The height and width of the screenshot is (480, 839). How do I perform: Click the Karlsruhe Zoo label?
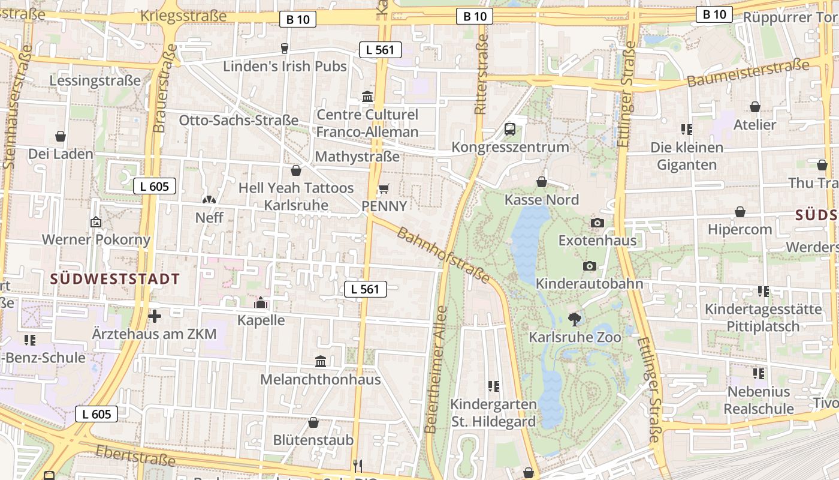coord(575,337)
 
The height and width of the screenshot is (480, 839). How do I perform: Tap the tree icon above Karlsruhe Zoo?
coord(575,319)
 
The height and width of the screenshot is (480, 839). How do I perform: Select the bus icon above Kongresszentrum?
coord(510,128)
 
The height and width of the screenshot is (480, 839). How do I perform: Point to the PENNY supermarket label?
coord(384,206)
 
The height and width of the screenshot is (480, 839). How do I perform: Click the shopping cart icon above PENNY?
coord(384,189)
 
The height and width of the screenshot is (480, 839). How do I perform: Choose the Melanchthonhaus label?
coord(320,379)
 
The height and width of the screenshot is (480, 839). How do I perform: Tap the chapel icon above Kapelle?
coord(261,302)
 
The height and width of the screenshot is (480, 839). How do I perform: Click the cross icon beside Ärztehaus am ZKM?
coord(155,316)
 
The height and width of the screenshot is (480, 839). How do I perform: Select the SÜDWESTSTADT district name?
coord(115,279)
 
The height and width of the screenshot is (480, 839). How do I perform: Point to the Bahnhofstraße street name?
coord(443,255)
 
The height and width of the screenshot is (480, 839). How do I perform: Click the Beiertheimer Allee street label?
coord(436,369)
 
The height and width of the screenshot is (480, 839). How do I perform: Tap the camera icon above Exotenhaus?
coord(597,223)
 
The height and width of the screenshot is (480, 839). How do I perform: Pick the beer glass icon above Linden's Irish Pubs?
coord(285,49)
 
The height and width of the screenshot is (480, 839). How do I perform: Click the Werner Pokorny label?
coord(96,240)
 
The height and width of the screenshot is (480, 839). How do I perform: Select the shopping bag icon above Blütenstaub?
coord(313,422)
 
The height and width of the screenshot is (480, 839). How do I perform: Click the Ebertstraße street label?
coord(135,456)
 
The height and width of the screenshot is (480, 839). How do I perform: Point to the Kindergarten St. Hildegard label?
coord(493,413)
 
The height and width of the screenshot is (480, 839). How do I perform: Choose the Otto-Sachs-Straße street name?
coord(239,120)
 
